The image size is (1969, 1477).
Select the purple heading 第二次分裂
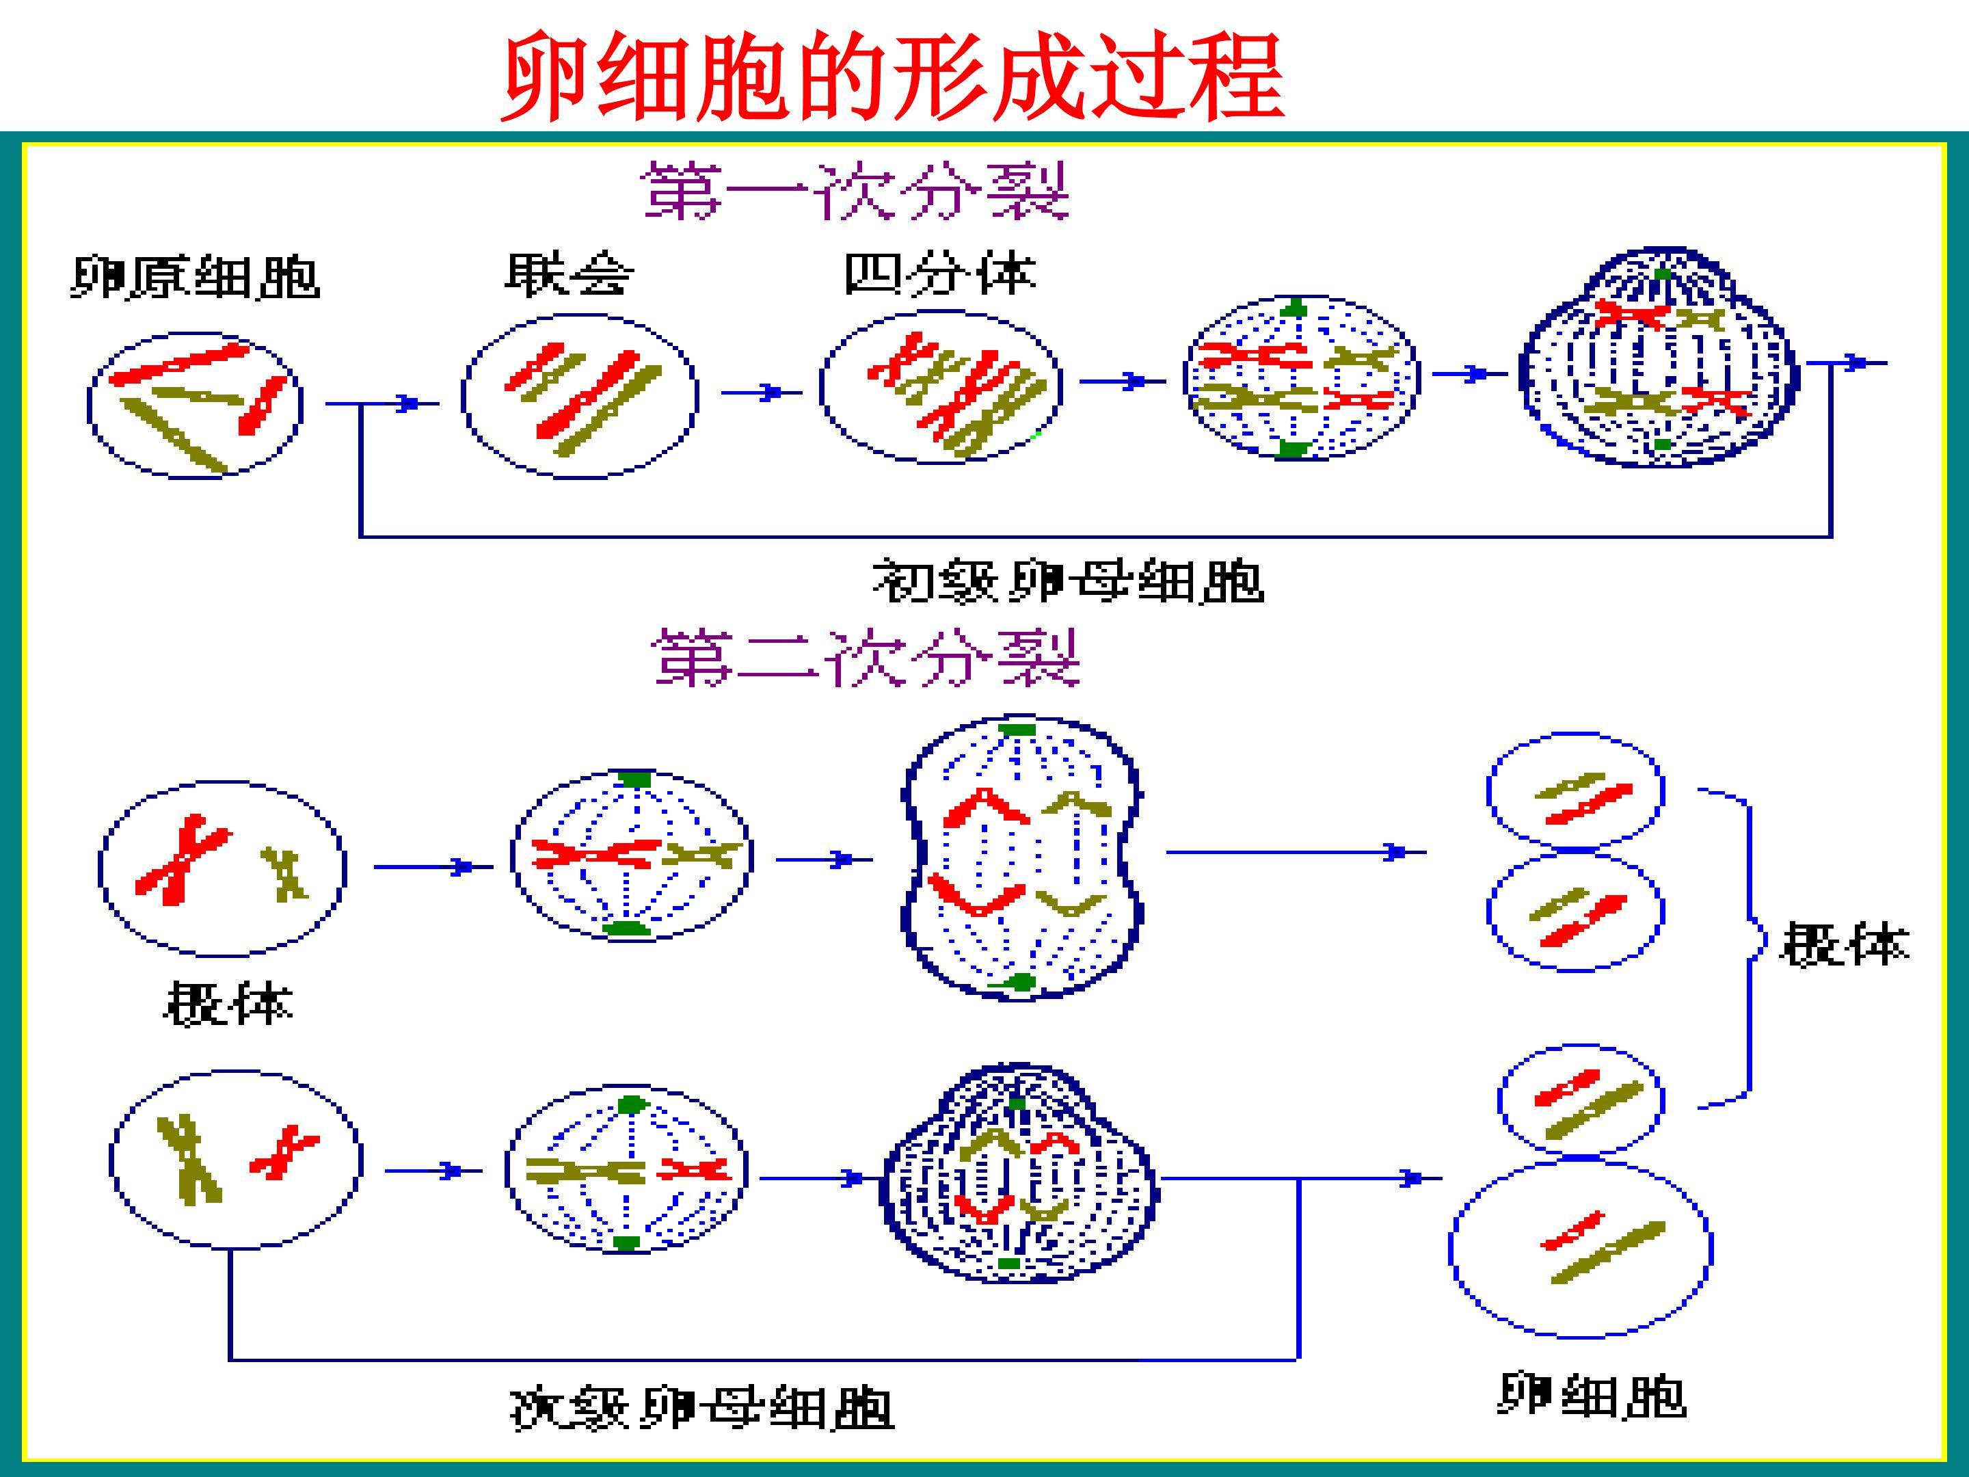866,657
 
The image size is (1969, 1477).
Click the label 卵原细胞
195,278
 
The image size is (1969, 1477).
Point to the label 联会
569,274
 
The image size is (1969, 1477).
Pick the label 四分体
940,274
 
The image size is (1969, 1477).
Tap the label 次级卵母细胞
701,1409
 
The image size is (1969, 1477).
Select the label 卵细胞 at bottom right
1592,1395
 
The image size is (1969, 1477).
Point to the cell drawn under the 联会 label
580,396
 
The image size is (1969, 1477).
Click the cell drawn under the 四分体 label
940,387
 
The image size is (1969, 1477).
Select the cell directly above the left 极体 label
222,869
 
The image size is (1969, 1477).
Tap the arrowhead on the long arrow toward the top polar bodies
1394,852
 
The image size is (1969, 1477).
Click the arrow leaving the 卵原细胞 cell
382,404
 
